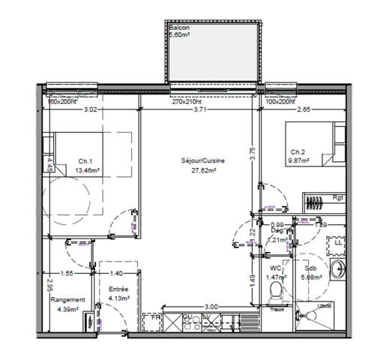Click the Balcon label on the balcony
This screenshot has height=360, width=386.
pos(179,28)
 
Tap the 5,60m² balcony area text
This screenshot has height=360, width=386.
pos(181,35)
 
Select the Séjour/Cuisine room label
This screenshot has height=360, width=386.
pos(202,161)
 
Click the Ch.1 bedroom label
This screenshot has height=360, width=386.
pos(85,160)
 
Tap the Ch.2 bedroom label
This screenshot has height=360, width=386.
pos(298,151)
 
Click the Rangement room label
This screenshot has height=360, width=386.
pos(67,300)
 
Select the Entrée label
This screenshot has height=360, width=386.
pos(118,289)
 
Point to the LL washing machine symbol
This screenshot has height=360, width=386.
pos(339,243)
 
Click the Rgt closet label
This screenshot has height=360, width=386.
pos(338,197)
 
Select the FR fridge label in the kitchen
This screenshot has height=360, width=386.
pos(156,319)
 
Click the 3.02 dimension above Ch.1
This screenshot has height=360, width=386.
pos(89,110)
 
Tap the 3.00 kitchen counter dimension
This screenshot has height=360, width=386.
pos(212,306)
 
